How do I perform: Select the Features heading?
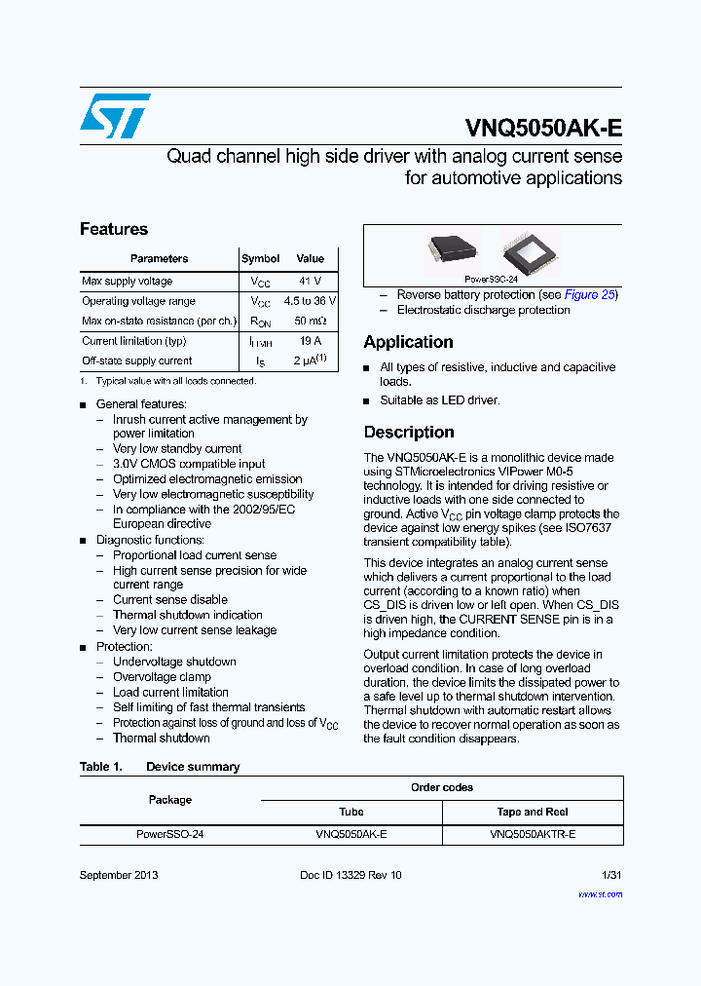pyautogui.click(x=114, y=230)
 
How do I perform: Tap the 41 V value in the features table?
pyautogui.click(x=310, y=282)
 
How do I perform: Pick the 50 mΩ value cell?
pyautogui.click(x=310, y=321)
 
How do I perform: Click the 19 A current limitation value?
pyautogui.click(x=310, y=342)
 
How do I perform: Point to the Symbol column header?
pyautogui.click(x=260, y=259)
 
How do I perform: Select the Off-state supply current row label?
pyautogui.click(x=136, y=361)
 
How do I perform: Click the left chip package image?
pyautogui.click(x=453, y=251)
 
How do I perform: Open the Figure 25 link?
pyautogui.click(x=590, y=295)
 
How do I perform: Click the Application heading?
pyautogui.click(x=408, y=343)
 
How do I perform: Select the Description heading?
pyautogui.click(x=409, y=433)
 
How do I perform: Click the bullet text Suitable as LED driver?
pyautogui.click(x=440, y=400)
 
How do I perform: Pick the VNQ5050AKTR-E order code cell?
pyautogui.click(x=533, y=834)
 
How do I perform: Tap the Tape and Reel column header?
pyautogui.click(x=533, y=812)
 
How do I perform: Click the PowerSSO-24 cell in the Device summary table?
pyautogui.click(x=169, y=834)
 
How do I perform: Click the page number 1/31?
pyautogui.click(x=611, y=875)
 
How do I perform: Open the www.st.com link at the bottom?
pyautogui.click(x=600, y=893)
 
